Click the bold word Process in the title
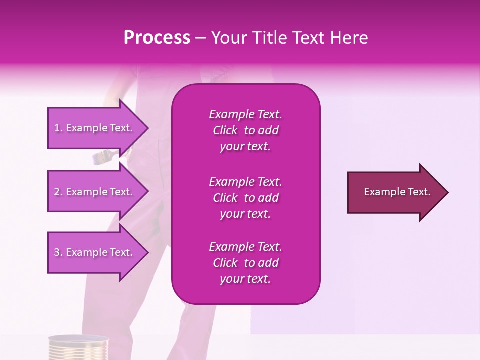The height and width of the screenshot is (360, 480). pyautogui.click(x=157, y=38)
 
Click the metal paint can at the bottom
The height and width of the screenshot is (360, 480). pyautogui.click(x=78, y=348)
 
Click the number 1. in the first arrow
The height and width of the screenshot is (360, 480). pyautogui.click(x=58, y=128)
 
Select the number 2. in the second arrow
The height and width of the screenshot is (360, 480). pyautogui.click(x=58, y=192)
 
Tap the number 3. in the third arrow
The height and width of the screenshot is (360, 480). pyautogui.click(x=58, y=252)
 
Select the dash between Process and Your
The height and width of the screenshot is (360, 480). pyautogui.click(x=200, y=38)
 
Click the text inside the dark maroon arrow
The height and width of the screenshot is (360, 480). pyautogui.click(x=397, y=192)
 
